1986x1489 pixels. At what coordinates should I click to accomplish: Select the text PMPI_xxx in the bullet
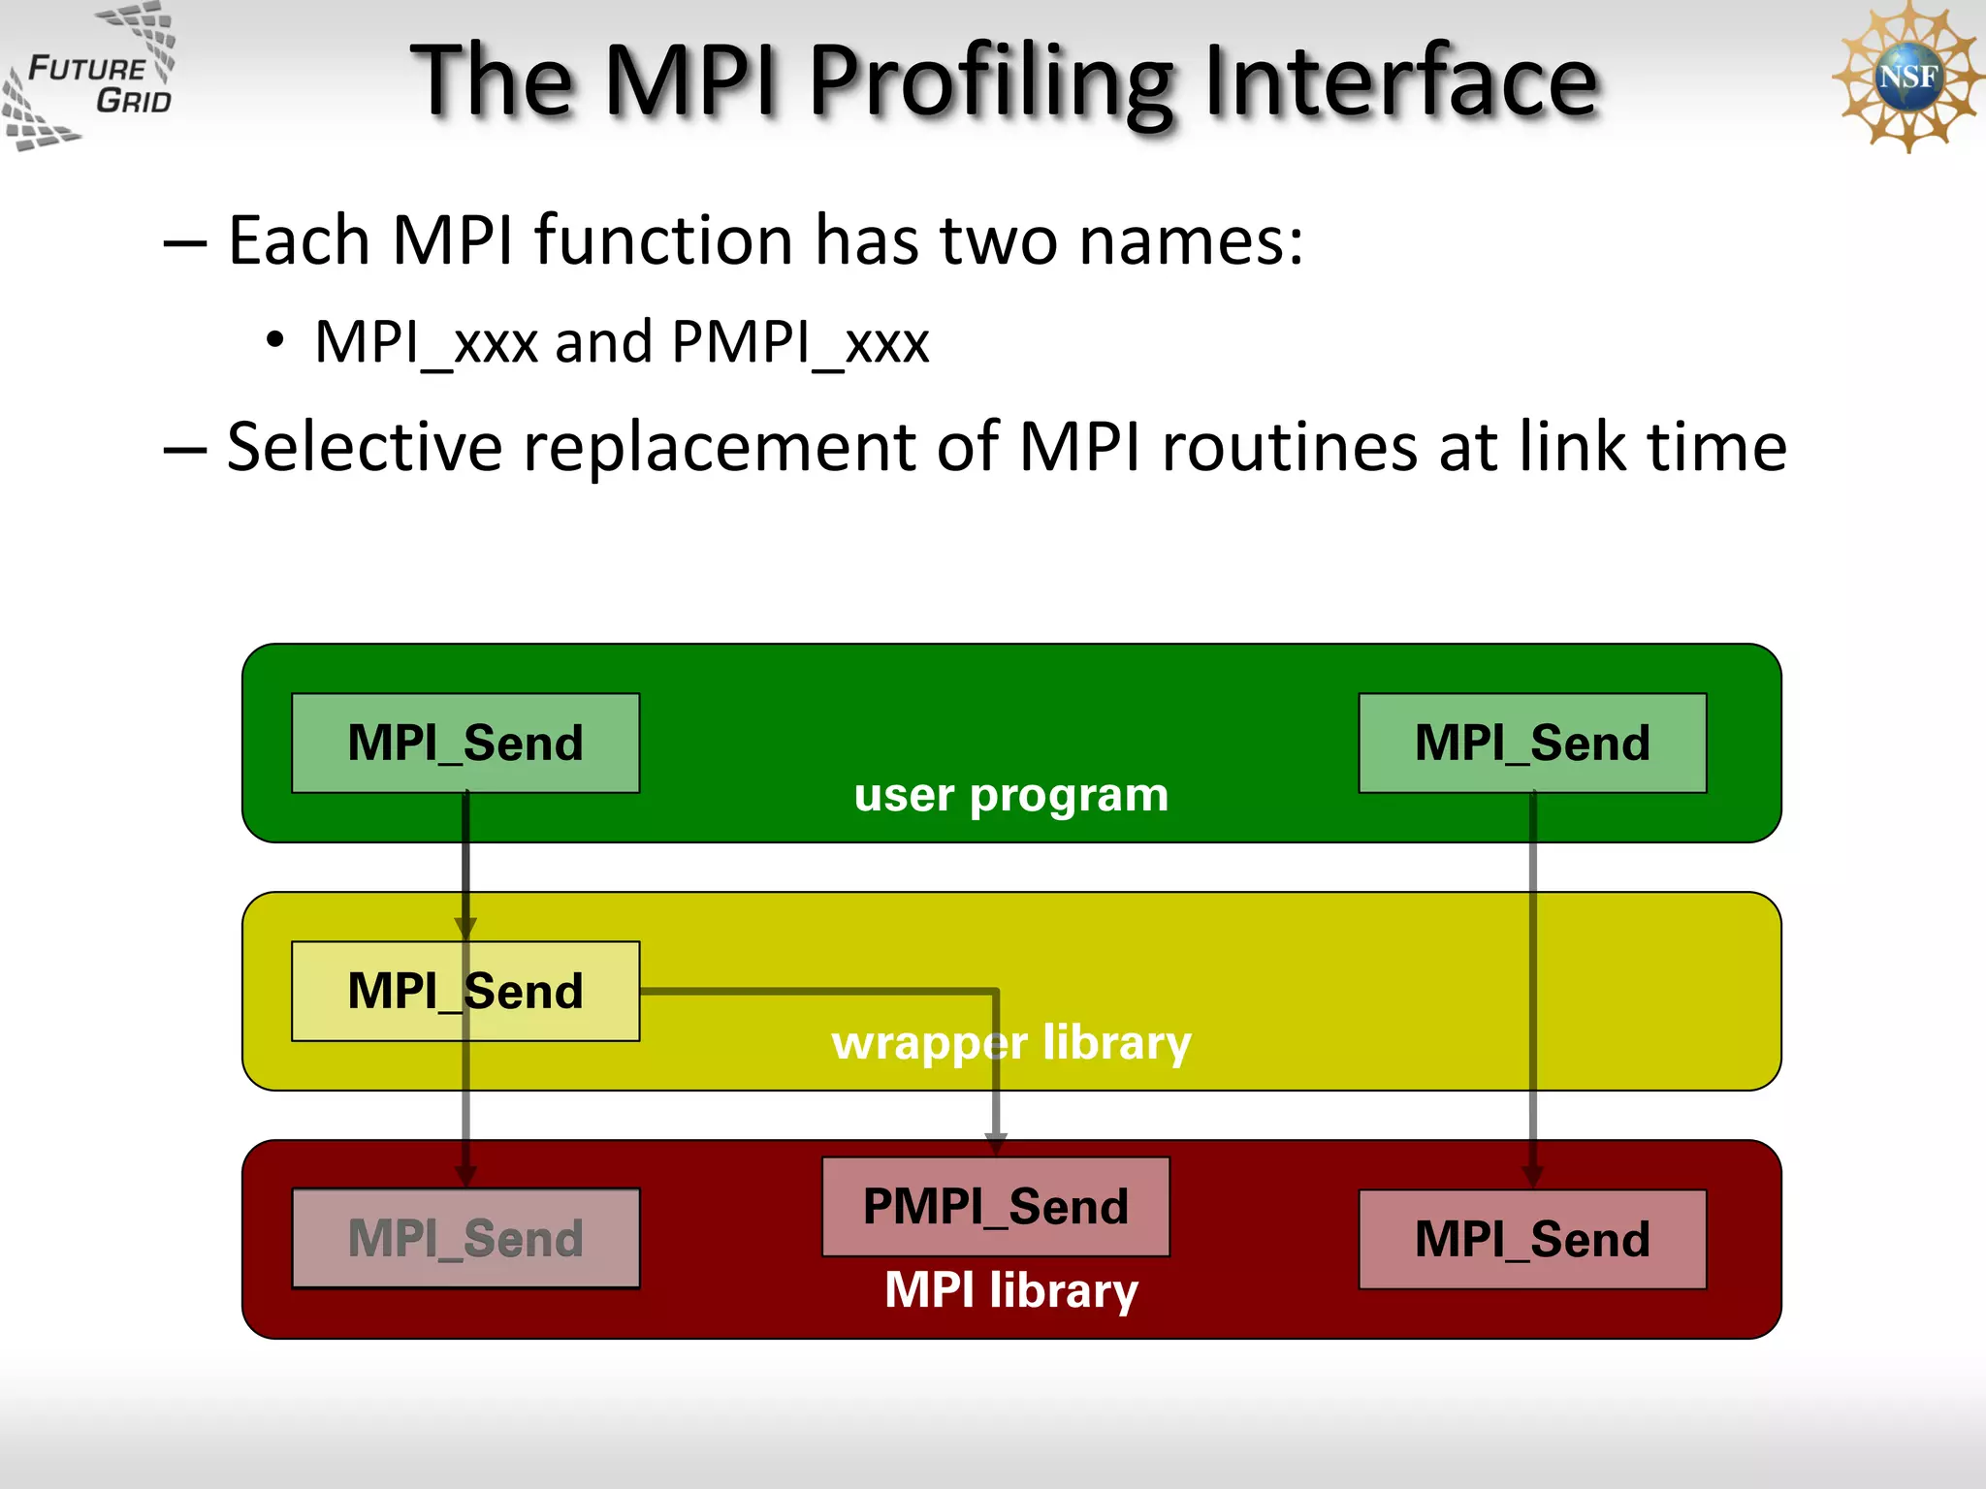click(800, 341)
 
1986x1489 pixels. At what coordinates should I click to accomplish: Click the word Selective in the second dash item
click(364, 447)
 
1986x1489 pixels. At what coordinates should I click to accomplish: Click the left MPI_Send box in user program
click(465, 743)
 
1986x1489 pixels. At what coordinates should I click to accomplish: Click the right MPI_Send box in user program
click(1532, 743)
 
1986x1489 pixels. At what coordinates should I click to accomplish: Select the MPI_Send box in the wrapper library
click(465, 991)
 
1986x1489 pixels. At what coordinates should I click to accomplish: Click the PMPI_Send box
click(996, 1206)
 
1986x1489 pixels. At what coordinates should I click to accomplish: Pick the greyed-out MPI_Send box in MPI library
click(465, 1238)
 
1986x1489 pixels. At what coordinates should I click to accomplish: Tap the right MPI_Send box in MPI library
click(1532, 1239)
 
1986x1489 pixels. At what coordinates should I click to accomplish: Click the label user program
click(1011, 796)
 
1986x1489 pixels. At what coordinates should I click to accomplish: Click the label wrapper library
click(1011, 1043)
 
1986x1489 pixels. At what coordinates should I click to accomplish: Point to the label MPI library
click(1011, 1290)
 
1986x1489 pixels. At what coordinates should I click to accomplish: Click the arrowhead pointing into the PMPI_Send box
click(996, 1144)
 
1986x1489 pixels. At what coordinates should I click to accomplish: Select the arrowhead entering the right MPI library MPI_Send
click(1532, 1176)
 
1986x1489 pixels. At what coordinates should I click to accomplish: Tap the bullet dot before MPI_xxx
click(275, 340)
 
